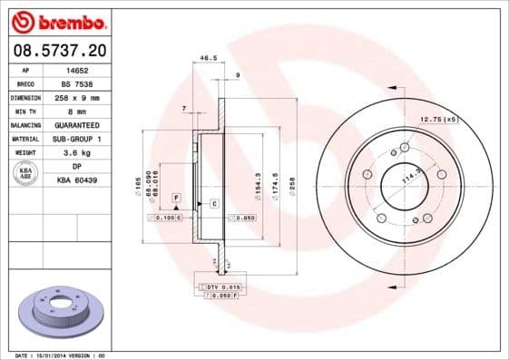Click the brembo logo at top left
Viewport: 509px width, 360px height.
pyautogui.click(x=56, y=21)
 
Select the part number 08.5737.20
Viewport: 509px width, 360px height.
pyautogui.click(x=56, y=52)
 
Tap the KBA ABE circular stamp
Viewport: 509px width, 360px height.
pyautogui.click(x=26, y=173)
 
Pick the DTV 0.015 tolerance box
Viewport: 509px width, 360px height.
pyautogui.click(x=218, y=286)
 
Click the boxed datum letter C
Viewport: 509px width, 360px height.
pyautogui.click(x=214, y=203)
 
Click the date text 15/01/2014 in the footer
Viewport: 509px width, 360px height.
pyautogui.click(x=61, y=355)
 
